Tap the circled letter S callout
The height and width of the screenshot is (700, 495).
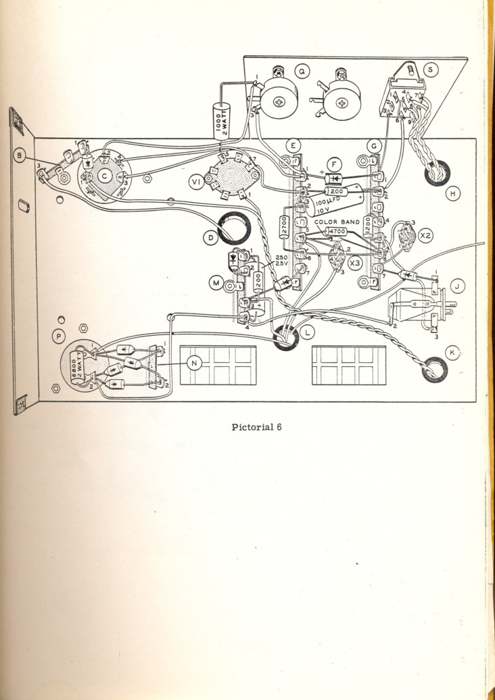click(430, 69)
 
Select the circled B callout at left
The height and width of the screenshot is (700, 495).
click(21, 156)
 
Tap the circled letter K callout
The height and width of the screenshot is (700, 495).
click(451, 351)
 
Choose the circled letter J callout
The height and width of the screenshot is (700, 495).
click(457, 286)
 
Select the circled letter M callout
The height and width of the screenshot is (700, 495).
click(216, 284)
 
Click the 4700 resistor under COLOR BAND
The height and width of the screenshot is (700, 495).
click(335, 232)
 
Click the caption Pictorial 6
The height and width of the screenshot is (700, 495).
click(257, 426)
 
